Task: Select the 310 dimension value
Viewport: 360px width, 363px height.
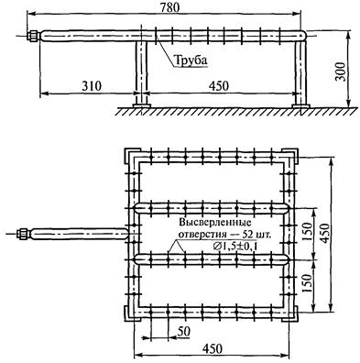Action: click(x=92, y=86)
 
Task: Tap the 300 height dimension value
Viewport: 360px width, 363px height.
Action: click(x=341, y=71)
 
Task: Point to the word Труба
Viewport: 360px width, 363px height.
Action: click(x=191, y=60)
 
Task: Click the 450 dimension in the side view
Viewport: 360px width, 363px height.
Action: click(x=218, y=86)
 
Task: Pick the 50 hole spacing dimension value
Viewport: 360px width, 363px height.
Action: click(x=183, y=331)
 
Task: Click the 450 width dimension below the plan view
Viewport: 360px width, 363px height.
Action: click(x=213, y=348)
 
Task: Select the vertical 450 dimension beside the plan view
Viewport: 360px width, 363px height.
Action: click(x=325, y=234)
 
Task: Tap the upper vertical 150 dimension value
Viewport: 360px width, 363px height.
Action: click(x=308, y=231)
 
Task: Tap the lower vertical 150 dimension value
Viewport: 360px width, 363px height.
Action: click(x=308, y=283)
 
